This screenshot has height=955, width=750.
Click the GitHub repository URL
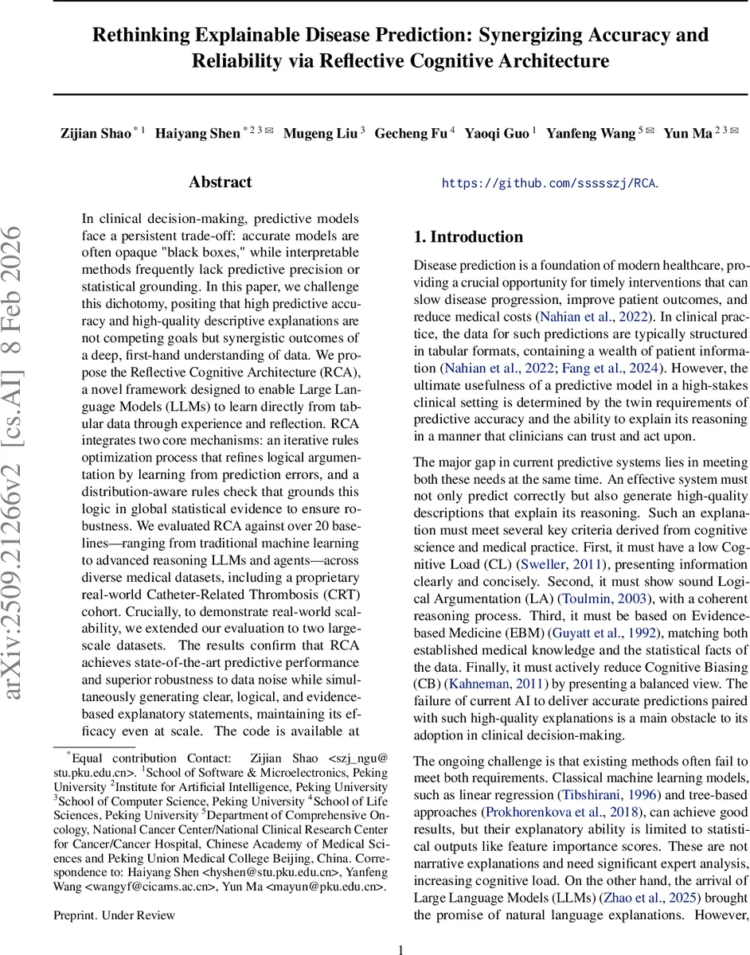(550, 183)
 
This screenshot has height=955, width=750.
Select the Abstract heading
(221, 182)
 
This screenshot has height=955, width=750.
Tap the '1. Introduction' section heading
(468, 236)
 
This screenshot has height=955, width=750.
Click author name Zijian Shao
(96, 134)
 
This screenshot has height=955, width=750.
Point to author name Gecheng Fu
(410, 134)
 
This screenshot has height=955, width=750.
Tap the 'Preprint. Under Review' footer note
(114, 915)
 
